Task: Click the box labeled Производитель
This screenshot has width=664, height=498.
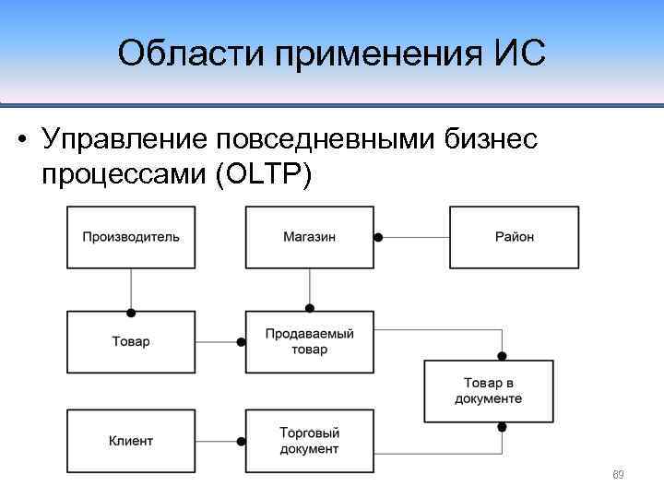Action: [x=131, y=237]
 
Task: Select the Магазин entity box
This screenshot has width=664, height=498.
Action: [x=309, y=237]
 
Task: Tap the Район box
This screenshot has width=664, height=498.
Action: [x=514, y=237]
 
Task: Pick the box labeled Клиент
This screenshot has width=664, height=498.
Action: [x=131, y=441]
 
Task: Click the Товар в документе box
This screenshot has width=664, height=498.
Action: [x=488, y=391]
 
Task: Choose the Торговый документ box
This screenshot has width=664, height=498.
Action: [x=309, y=441]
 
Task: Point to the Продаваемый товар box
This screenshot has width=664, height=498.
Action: [x=309, y=341]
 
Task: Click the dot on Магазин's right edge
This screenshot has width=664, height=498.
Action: [x=378, y=237]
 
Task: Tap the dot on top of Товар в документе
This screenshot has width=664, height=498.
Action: [x=503, y=355]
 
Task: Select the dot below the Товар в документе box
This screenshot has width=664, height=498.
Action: [x=503, y=427]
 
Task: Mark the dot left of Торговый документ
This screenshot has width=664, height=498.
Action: [x=241, y=441]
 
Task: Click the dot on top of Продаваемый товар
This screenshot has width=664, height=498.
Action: [x=309, y=307]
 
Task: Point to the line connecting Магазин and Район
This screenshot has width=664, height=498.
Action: [x=415, y=237]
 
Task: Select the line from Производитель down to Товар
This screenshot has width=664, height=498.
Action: [x=131, y=288]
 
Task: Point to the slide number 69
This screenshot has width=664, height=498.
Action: [x=619, y=475]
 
